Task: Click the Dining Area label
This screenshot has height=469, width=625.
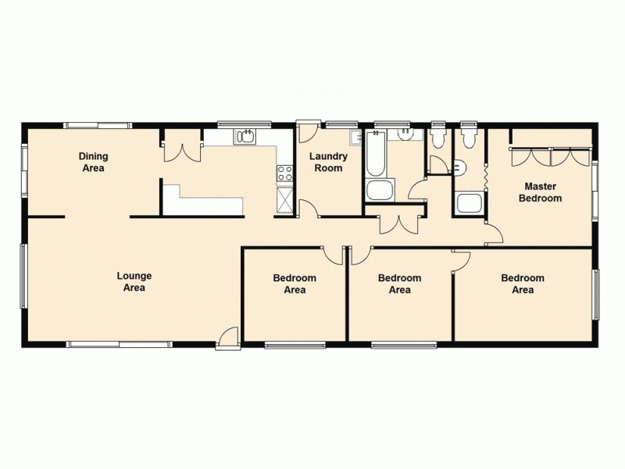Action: click(x=92, y=162)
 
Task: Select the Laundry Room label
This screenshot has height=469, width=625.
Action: click(x=327, y=162)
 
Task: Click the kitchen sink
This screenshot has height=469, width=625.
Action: click(x=245, y=138)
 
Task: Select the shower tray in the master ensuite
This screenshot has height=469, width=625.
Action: click(x=469, y=204)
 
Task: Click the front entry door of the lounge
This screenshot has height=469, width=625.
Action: click(x=228, y=337)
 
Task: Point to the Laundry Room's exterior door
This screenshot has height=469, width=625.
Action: click(x=306, y=131)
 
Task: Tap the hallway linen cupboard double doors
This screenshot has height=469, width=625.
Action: click(x=398, y=224)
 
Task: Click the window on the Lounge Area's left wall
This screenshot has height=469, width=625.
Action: click(x=23, y=278)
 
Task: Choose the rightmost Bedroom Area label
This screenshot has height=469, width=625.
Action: click(x=523, y=284)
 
